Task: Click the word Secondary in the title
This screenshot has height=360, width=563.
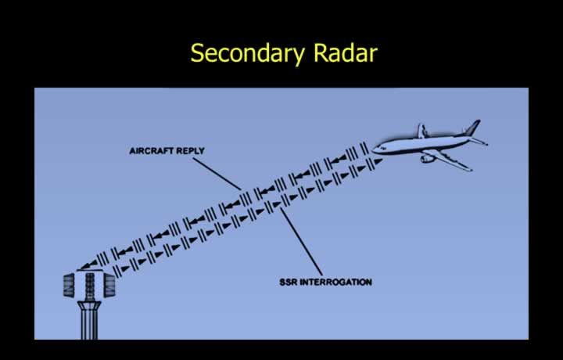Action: [247, 54]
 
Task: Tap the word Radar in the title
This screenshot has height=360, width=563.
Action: [346, 52]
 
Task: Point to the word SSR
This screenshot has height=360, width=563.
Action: [289, 282]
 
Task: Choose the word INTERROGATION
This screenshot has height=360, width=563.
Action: [335, 282]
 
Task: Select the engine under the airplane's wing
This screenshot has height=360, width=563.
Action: [428, 158]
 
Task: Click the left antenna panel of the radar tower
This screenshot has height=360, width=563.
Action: [69, 285]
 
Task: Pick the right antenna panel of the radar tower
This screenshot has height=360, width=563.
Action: [109, 286]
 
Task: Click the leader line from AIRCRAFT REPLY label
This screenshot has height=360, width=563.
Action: [217, 174]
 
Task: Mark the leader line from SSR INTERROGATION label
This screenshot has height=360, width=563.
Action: [301, 241]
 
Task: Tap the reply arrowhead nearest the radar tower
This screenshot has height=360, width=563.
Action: [88, 265]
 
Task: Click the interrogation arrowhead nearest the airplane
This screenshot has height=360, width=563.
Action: [378, 162]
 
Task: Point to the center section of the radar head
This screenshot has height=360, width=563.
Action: [89, 286]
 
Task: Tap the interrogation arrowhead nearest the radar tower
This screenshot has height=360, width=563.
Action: [125, 268]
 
